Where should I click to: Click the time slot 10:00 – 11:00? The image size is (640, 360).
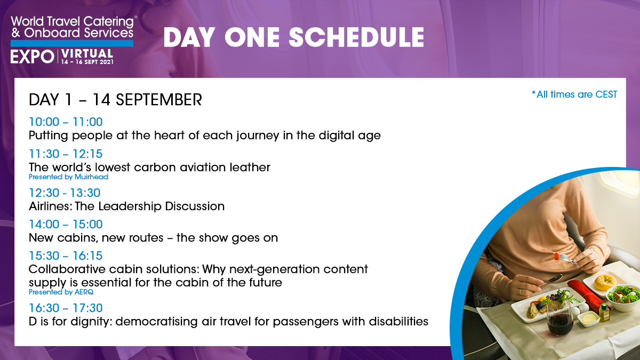tap(66, 122)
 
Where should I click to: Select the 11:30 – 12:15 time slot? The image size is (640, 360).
tap(66, 154)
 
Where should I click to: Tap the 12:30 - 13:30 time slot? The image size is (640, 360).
tap(65, 193)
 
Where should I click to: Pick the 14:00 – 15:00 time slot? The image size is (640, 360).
tap(66, 225)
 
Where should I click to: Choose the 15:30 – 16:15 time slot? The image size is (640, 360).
tap(66, 255)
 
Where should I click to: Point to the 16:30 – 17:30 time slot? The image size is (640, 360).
tap(66, 308)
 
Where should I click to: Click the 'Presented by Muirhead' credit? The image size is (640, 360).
tap(68, 177)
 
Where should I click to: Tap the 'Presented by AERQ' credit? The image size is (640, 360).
tap(61, 292)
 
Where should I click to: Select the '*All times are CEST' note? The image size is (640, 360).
tap(574, 94)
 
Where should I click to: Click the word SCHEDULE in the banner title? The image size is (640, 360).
tap(356, 37)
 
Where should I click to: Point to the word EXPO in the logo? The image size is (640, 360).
tap(33, 57)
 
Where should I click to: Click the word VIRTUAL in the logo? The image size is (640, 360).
tap(87, 54)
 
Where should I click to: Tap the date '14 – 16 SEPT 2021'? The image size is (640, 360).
tap(87, 62)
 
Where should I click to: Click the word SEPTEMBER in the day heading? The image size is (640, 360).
tap(158, 100)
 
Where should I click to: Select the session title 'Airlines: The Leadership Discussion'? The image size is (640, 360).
tap(126, 206)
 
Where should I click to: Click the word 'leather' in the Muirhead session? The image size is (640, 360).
tap(250, 167)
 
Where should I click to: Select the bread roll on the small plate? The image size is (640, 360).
tap(604, 282)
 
